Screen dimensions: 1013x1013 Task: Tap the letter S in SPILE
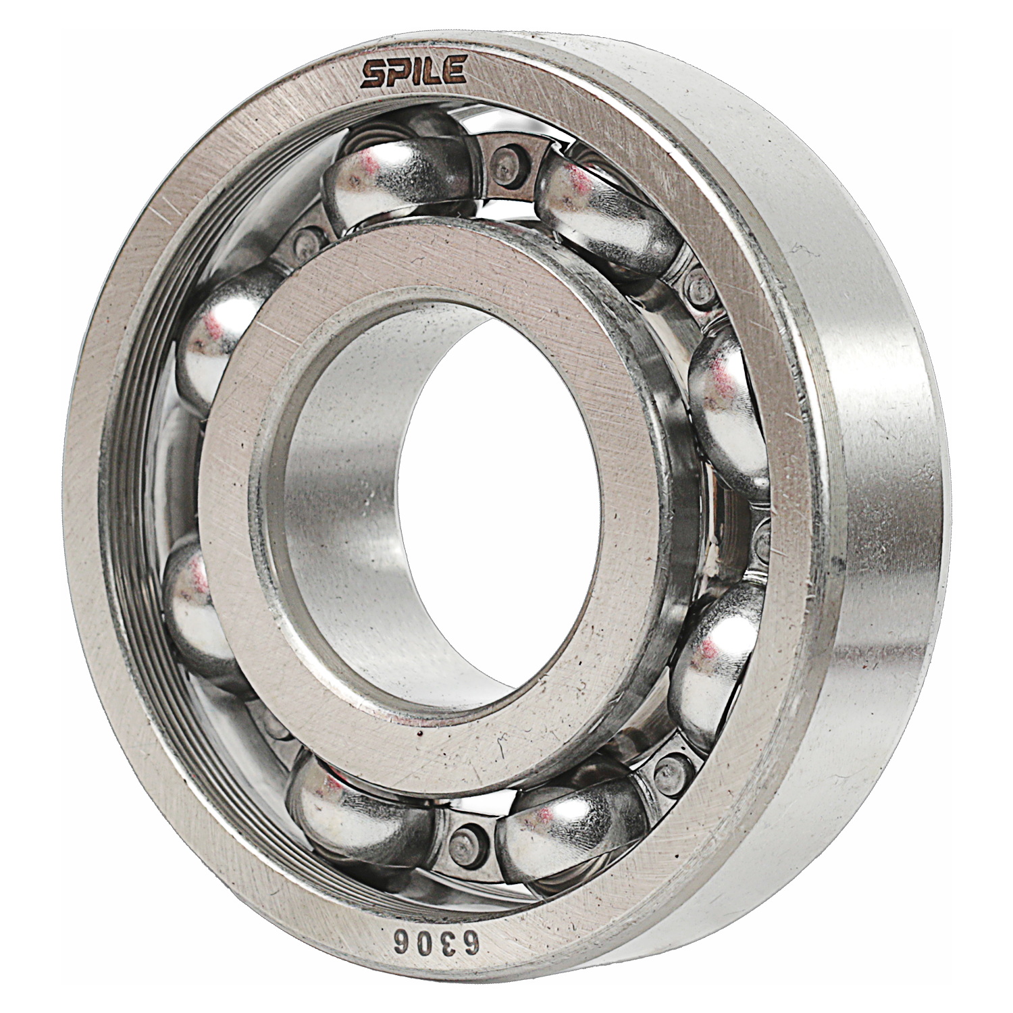[373, 75]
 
